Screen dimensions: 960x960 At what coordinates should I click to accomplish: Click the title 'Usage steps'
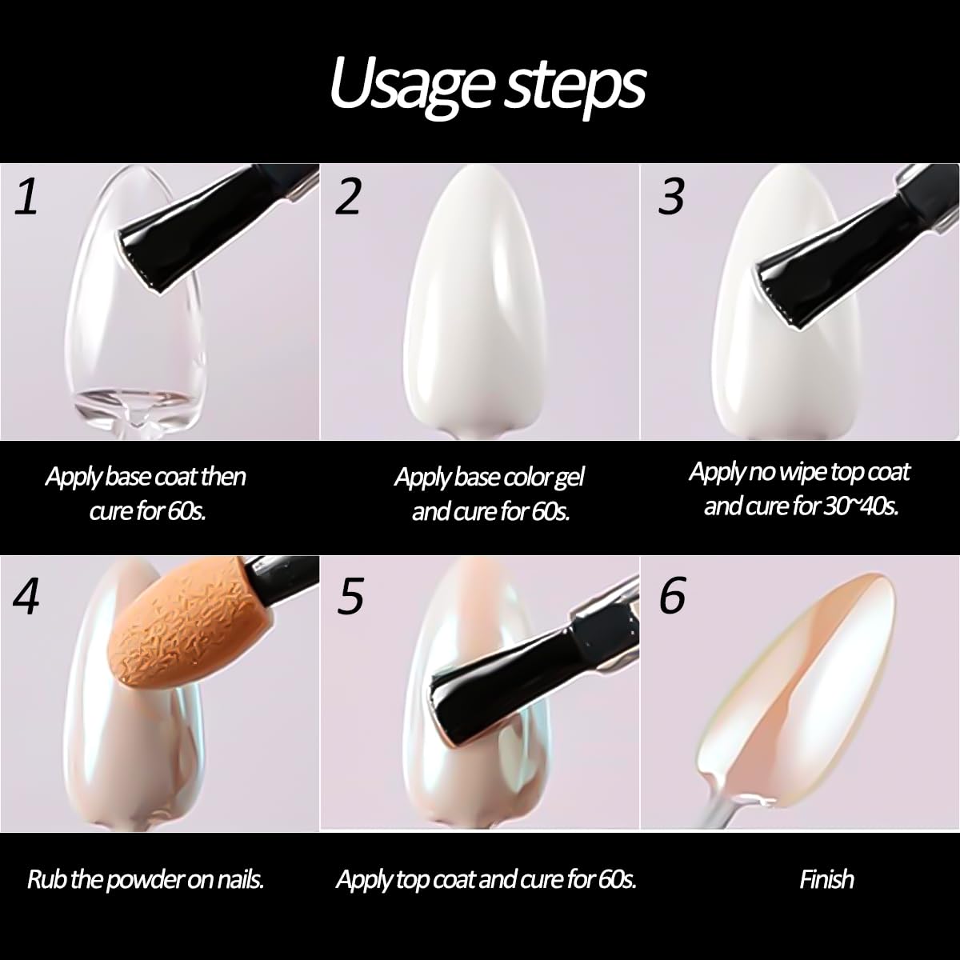click(487, 85)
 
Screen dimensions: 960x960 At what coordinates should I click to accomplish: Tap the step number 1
click(26, 198)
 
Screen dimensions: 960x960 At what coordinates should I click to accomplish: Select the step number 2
click(348, 198)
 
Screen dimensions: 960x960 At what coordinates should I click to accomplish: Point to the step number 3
click(671, 198)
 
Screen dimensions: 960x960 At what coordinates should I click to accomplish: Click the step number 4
click(26, 596)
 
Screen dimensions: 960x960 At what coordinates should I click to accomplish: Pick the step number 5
click(350, 596)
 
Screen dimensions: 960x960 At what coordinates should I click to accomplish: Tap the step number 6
click(672, 596)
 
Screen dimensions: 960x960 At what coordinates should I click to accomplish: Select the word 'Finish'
click(827, 879)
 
